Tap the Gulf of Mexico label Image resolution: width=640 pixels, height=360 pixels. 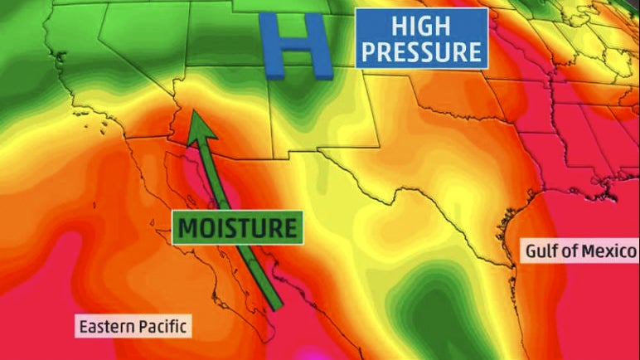click(580, 250)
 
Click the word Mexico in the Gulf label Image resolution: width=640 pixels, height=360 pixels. click(613, 250)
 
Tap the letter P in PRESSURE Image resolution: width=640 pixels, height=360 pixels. click(371, 51)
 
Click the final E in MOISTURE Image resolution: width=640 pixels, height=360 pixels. click(287, 227)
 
